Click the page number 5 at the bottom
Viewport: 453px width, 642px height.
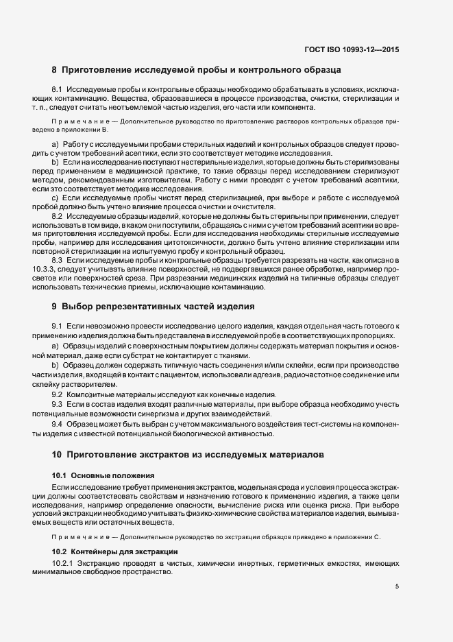tap(397, 586)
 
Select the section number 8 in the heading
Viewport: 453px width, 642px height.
tap(54, 70)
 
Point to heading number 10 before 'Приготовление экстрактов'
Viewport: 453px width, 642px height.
tap(57, 455)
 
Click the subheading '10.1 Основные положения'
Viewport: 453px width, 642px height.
tap(97, 475)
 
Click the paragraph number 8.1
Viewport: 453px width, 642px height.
tap(58, 90)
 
